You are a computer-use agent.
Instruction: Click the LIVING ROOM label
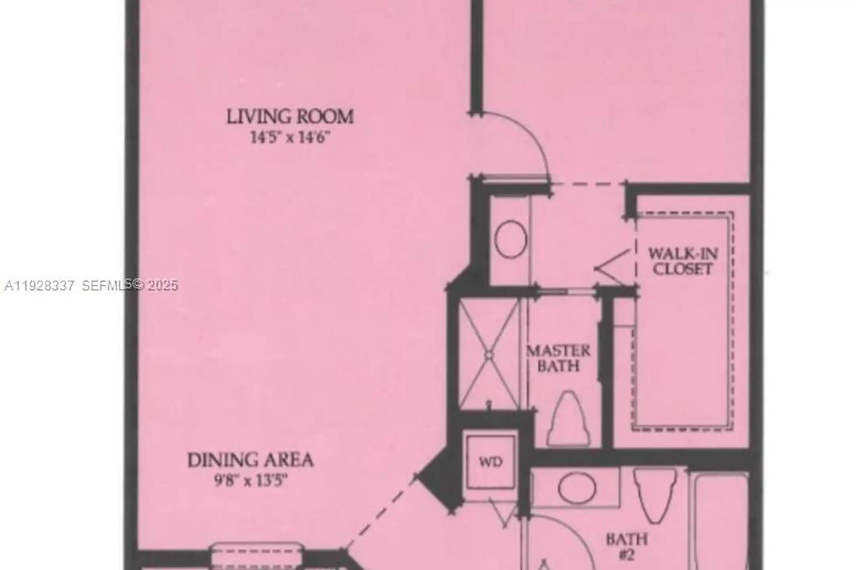pyautogui.click(x=290, y=117)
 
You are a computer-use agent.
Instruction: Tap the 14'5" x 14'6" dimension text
pyautogui.click(x=290, y=138)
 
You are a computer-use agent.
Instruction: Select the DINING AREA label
pyautogui.click(x=250, y=460)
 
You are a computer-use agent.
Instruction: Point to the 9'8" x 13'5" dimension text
pyautogui.click(x=250, y=481)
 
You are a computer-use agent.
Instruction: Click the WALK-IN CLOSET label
pyautogui.click(x=683, y=261)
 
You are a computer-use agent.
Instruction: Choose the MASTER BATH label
pyautogui.click(x=558, y=358)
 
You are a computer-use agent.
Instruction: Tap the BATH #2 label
pyautogui.click(x=627, y=546)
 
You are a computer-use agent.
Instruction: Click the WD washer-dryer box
pyautogui.click(x=491, y=462)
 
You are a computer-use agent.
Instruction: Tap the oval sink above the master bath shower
pyautogui.click(x=510, y=239)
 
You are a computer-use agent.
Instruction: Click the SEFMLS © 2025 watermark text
pyautogui.click(x=130, y=285)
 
